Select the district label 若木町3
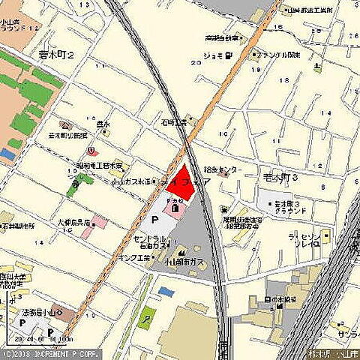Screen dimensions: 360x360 click(281, 178)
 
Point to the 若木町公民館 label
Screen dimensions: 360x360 click(67, 135)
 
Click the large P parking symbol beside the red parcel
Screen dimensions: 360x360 click(155, 220)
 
